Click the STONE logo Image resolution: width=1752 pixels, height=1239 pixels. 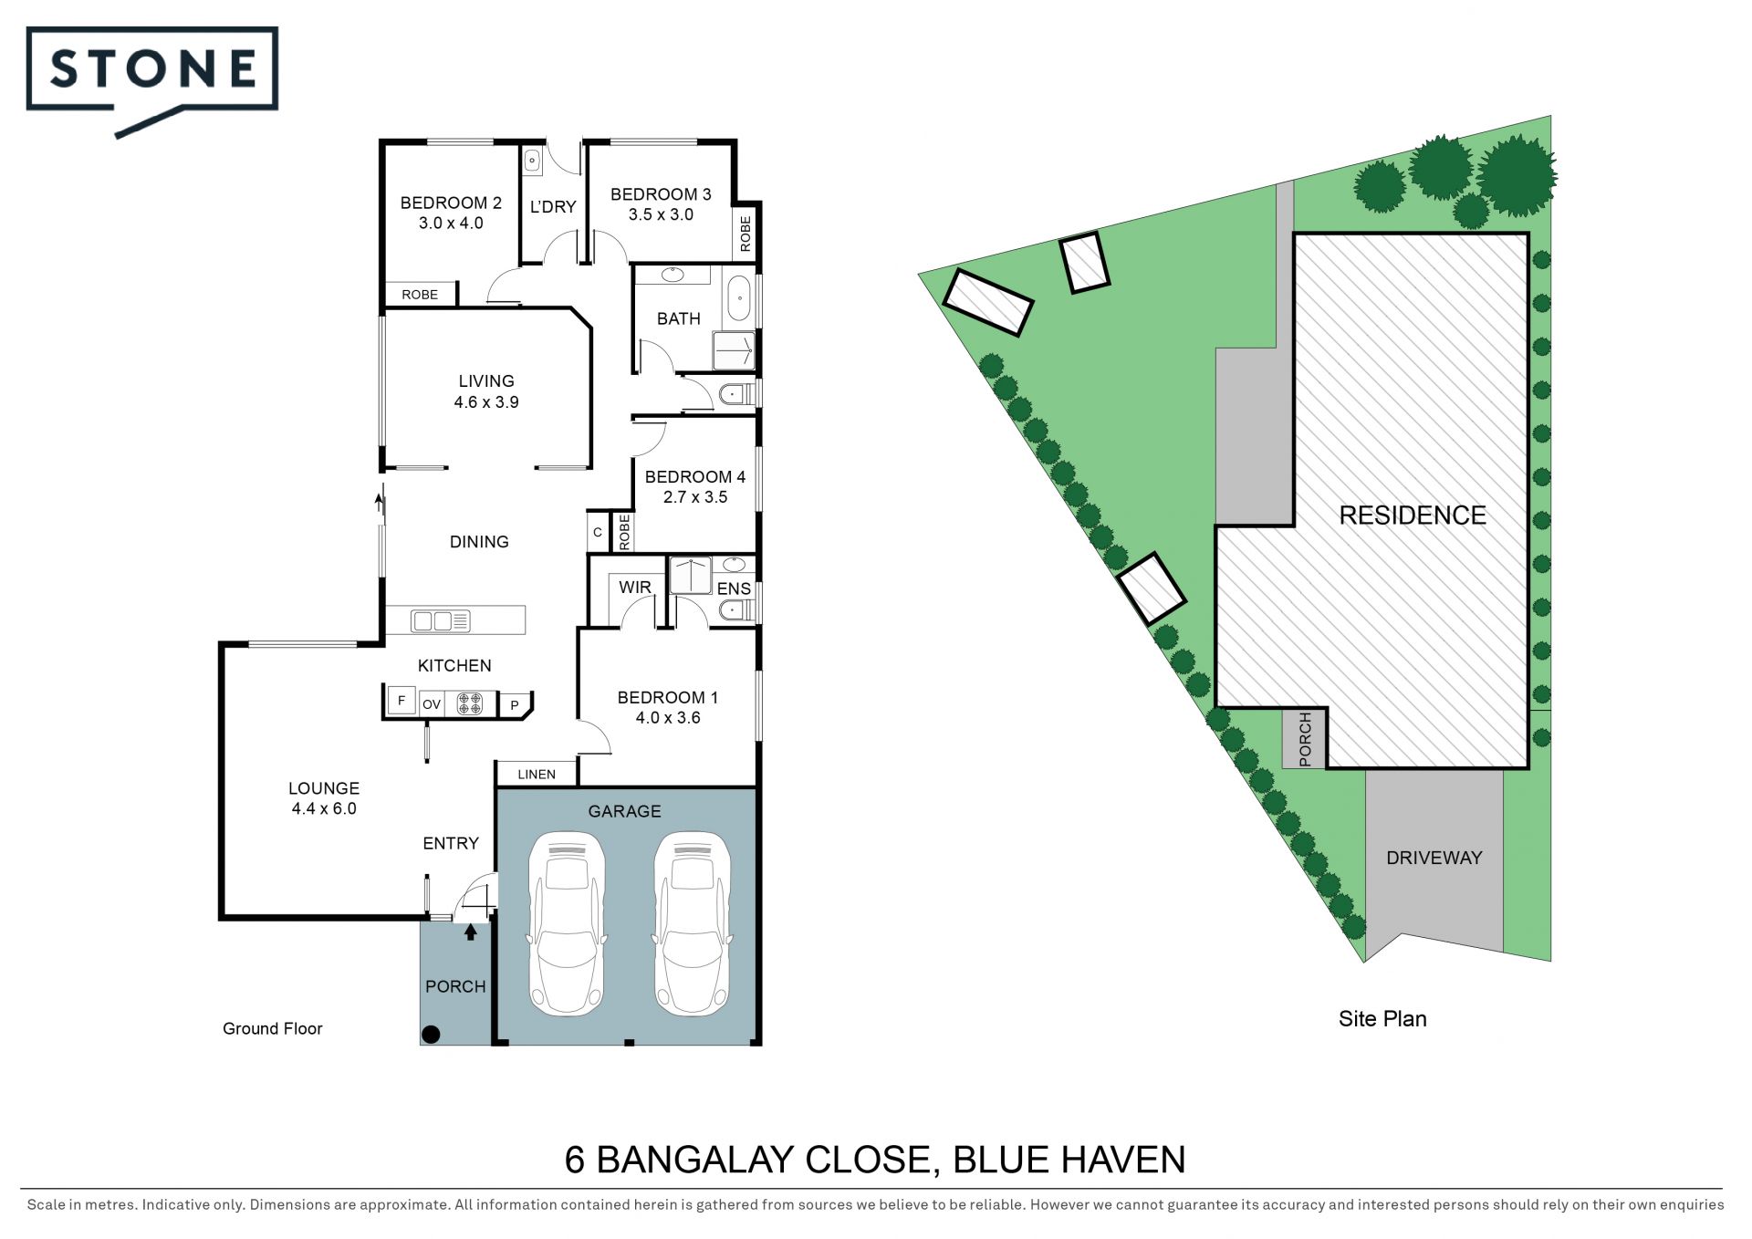click(152, 80)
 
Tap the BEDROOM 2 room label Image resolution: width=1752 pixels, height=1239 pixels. click(451, 203)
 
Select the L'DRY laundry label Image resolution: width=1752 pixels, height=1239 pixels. click(553, 207)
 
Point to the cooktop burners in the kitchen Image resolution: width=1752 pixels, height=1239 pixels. click(469, 703)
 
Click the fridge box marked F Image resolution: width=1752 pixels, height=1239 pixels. click(401, 702)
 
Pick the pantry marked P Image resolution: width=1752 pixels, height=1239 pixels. click(515, 705)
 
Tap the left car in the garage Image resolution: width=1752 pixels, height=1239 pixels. click(567, 923)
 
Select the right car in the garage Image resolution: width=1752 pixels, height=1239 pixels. click(693, 923)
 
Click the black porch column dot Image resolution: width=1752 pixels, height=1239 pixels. click(432, 1035)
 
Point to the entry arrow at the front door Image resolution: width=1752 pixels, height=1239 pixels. click(471, 932)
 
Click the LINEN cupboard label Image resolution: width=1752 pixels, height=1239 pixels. click(537, 775)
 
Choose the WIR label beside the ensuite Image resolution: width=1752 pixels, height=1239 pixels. click(635, 588)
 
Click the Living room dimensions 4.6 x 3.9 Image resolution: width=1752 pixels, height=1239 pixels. click(486, 402)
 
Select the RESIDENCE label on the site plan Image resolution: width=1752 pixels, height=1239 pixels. click(1413, 515)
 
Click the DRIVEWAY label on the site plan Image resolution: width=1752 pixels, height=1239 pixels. click(1434, 858)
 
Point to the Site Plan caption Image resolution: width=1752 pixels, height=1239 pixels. click(1382, 1019)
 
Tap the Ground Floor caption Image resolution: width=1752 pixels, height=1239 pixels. click(273, 1029)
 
